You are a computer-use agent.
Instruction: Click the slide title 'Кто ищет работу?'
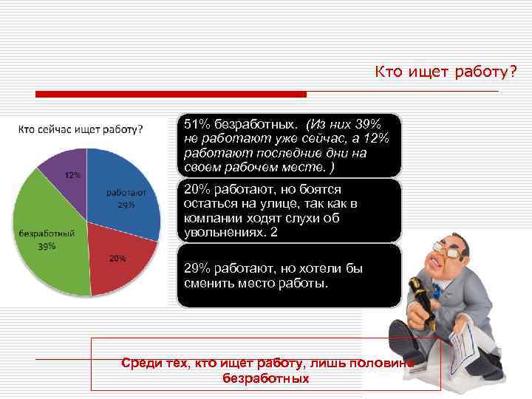(446, 72)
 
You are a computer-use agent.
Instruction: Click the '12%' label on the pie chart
(72, 176)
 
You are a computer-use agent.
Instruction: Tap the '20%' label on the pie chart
(117, 258)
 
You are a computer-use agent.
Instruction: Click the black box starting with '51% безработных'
(289, 145)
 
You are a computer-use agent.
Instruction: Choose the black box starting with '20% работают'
(289, 211)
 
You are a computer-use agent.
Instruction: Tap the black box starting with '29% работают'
(289, 276)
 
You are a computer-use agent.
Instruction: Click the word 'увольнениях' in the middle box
(222, 232)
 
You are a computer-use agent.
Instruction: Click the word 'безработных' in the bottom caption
(265, 378)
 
